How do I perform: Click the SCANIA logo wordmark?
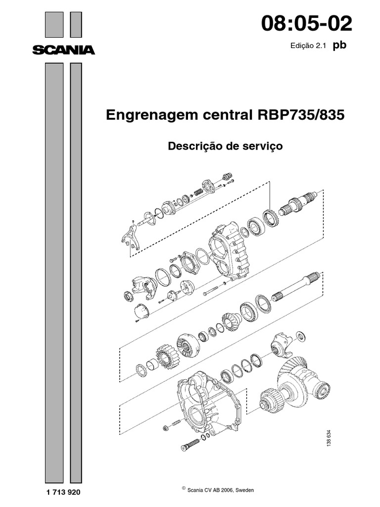tap(64, 50)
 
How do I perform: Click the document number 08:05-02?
tap(306, 24)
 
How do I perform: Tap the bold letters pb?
tap(339, 45)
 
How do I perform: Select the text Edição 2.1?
tap(307, 46)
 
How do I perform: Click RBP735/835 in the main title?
tap(300, 115)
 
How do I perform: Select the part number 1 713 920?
tap(63, 492)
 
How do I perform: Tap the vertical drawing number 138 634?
tap(329, 439)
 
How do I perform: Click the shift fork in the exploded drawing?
tap(131, 239)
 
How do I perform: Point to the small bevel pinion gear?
tap(231, 322)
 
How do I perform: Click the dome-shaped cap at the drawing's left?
tap(142, 311)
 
